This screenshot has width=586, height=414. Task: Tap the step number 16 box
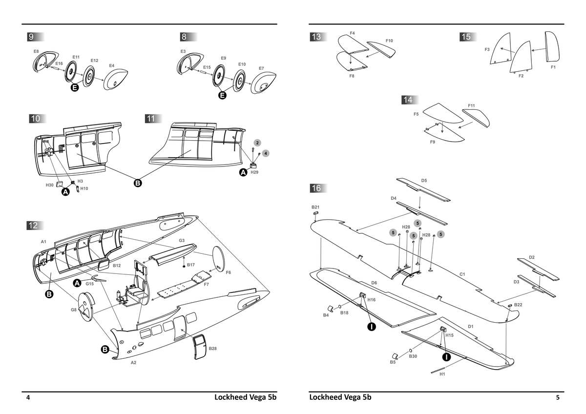point(316,188)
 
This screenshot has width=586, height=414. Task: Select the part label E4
point(111,65)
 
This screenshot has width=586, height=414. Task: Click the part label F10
point(389,41)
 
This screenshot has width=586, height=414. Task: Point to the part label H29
point(254,173)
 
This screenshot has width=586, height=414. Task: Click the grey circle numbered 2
point(257,143)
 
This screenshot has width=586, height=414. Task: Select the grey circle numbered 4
point(265,153)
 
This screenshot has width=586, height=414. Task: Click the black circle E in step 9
point(75,88)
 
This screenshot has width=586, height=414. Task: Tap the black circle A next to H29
point(243,172)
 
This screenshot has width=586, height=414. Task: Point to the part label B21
point(315,207)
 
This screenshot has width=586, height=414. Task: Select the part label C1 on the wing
point(462,275)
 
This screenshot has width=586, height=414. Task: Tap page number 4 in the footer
point(28,398)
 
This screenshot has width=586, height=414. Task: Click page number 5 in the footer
point(558,398)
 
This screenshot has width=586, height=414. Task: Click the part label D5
point(424,181)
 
